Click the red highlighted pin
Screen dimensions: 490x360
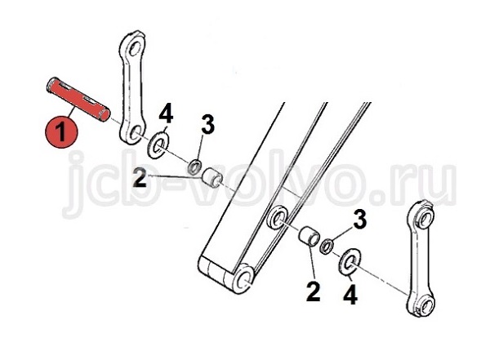click(x=78, y=100)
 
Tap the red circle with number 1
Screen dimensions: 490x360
click(x=61, y=132)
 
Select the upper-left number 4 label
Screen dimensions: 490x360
click(x=166, y=114)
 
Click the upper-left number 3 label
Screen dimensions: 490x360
click(x=207, y=124)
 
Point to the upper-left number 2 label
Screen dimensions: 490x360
click(x=140, y=177)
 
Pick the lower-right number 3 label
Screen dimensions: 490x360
click(x=359, y=220)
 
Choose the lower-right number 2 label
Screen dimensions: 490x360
click(x=313, y=292)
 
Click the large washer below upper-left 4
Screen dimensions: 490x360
click(x=158, y=144)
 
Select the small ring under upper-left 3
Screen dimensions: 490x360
click(x=194, y=167)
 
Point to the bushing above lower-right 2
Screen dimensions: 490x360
click(x=310, y=237)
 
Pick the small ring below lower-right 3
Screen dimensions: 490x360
click(x=327, y=246)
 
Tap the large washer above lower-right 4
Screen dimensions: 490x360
click(x=350, y=262)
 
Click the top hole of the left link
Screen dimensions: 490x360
click(x=135, y=48)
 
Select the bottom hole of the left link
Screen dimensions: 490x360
click(x=135, y=134)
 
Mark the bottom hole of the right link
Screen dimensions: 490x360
click(x=426, y=304)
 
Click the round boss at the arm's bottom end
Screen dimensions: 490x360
click(x=243, y=278)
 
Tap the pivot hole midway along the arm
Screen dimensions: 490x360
click(x=277, y=218)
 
